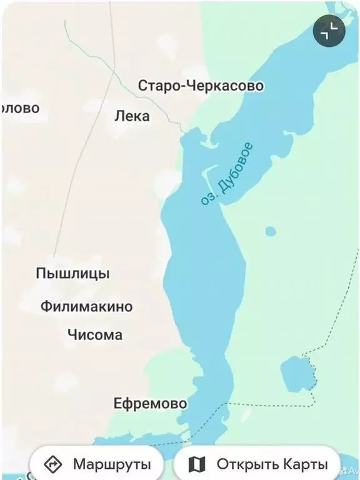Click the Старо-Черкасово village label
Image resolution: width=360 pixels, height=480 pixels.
click(x=201, y=86)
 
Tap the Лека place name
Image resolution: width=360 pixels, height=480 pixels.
click(x=132, y=116)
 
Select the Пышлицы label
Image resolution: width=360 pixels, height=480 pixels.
click(x=72, y=274)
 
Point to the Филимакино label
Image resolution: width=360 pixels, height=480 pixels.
click(x=87, y=306)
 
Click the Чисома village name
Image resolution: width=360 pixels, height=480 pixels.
click(x=95, y=335)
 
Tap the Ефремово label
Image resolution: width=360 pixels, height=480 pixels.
click(x=150, y=403)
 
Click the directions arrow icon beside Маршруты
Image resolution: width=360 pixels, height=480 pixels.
click(x=54, y=464)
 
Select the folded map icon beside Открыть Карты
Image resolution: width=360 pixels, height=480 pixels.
click(x=197, y=464)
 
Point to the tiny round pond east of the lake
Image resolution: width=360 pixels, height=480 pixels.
click(x=270, y=231)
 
